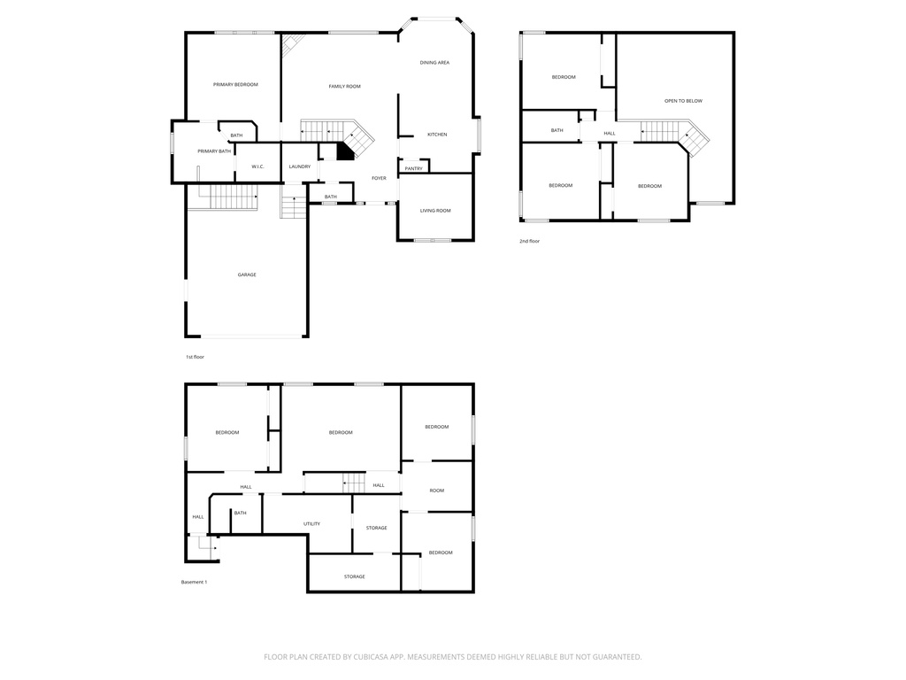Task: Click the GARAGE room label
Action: coord(247,274)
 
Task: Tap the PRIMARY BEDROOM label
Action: coord(235,84)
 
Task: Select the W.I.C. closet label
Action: coord(257,166)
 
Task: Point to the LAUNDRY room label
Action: coord(299,166)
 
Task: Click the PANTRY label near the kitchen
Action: coord(413,168)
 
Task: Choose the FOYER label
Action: coord(379,178)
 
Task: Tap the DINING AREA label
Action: coord(434,63)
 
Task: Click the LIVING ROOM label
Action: coord(435,211)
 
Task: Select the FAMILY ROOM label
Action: coord(344,86)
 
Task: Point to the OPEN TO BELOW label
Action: coord(683,101)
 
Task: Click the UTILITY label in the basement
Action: coord(311,523)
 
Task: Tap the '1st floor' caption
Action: coord(195,357)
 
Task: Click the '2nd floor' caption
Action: coord(529,241)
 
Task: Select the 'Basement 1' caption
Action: coord(194,582)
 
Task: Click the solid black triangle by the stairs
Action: coord(344,152)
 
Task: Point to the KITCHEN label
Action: coord(437,135)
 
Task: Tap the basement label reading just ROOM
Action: coord(436,491)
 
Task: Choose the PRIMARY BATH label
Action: coord(214,151)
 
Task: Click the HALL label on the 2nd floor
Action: coord(610,134)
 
